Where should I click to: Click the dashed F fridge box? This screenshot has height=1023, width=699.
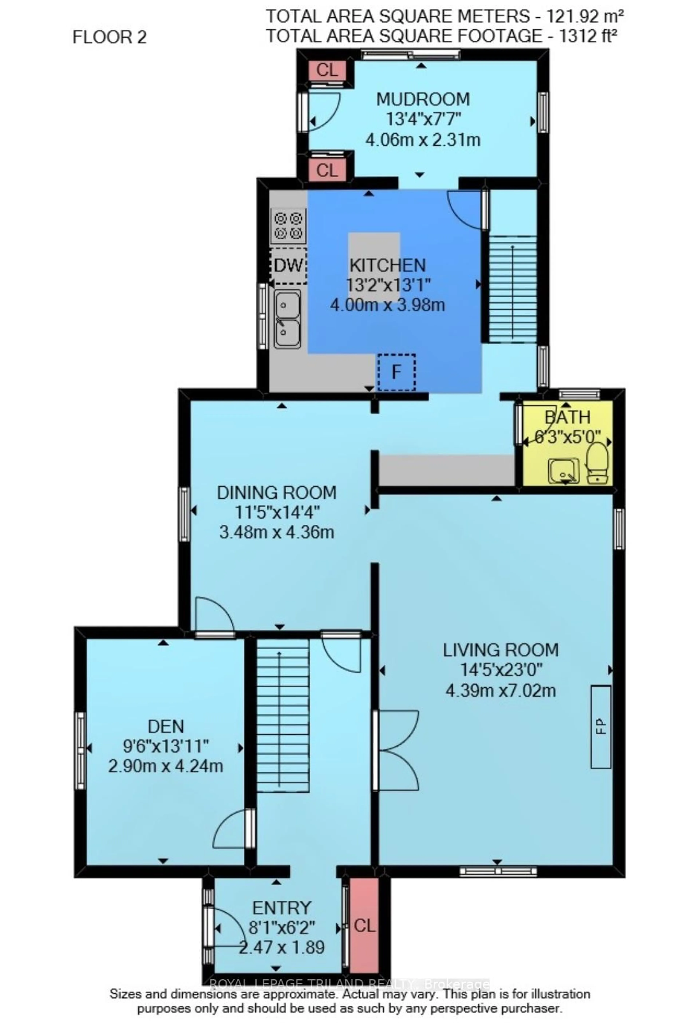(396, 372)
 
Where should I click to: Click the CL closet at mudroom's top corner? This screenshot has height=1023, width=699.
(327, 70)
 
